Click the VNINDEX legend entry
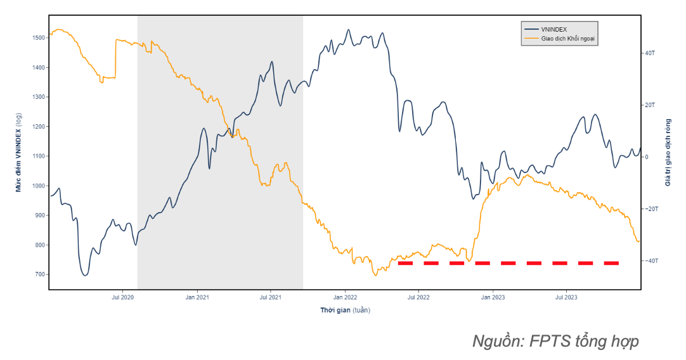click(x=553, y=30)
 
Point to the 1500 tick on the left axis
click(x=38, y=38)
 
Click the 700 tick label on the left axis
click(x=39, y=274)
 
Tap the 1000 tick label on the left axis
click(x=38, y=186)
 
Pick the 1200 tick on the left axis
click(x=38, y=127)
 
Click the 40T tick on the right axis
click(x=649, y=53)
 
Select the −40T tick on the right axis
click(x=650, y=260)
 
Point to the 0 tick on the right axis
click(x=647, y=157)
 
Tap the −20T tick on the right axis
click(x=650, y=209)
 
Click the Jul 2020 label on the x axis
click(x=122, y=297)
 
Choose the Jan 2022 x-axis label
click(x=345, y=297)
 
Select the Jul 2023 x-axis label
click(x=566, y=297)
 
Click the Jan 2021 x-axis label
click(x=197, y=297)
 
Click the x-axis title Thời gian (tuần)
click(x=345, y=310)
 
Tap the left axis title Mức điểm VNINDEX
click(x=19, y=152)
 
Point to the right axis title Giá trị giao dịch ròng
click(x=668, y=152)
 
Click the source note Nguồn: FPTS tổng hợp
click(x=555, y=341)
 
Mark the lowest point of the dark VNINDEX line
click(x=85, y=275)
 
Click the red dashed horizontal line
click(x=507, y=262)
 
